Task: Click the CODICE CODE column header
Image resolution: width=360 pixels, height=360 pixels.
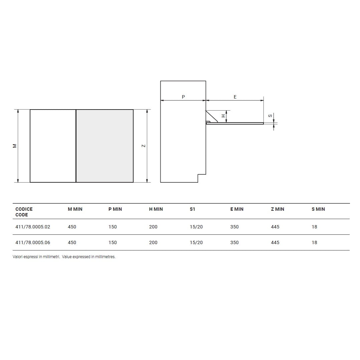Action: point(24,212)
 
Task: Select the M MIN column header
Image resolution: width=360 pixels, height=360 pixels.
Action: point(75,209)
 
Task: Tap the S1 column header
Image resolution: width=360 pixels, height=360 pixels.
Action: point(192,209)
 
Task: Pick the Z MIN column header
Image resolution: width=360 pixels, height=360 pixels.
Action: point(278,209)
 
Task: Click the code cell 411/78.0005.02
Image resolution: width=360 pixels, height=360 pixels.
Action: point(33,227)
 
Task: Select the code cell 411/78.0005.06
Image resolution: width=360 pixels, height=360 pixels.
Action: point(33,242)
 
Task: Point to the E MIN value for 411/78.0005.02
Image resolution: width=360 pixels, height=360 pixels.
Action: point(234,227)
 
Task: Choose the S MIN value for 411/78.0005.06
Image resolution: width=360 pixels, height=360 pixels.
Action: point(314,242)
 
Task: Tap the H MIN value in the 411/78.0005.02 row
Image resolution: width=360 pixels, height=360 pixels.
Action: point(153,227)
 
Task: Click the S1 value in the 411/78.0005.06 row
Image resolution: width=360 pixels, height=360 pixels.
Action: point(196,242)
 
